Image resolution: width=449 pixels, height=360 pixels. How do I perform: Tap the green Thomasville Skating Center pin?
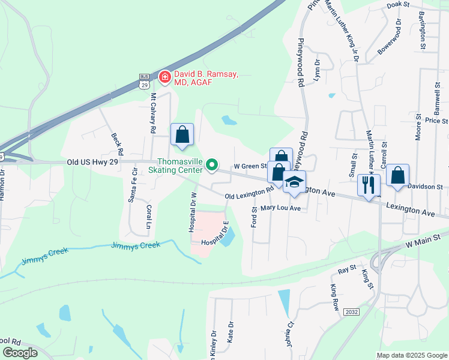211,164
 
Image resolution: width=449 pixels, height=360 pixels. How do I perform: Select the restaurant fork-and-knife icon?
369,184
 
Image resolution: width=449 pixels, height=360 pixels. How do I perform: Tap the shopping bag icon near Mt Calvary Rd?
182,135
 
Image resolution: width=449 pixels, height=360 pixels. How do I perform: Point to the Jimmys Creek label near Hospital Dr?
136,245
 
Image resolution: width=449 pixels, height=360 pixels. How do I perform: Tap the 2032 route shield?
351,312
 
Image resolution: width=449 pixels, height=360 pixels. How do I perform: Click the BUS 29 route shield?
143,82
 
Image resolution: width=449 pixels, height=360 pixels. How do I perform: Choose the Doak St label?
398,4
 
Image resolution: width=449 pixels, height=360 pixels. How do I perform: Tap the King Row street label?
334,296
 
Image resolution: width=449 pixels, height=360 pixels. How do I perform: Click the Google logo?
19,353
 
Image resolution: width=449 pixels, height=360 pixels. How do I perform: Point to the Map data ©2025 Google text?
411,355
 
